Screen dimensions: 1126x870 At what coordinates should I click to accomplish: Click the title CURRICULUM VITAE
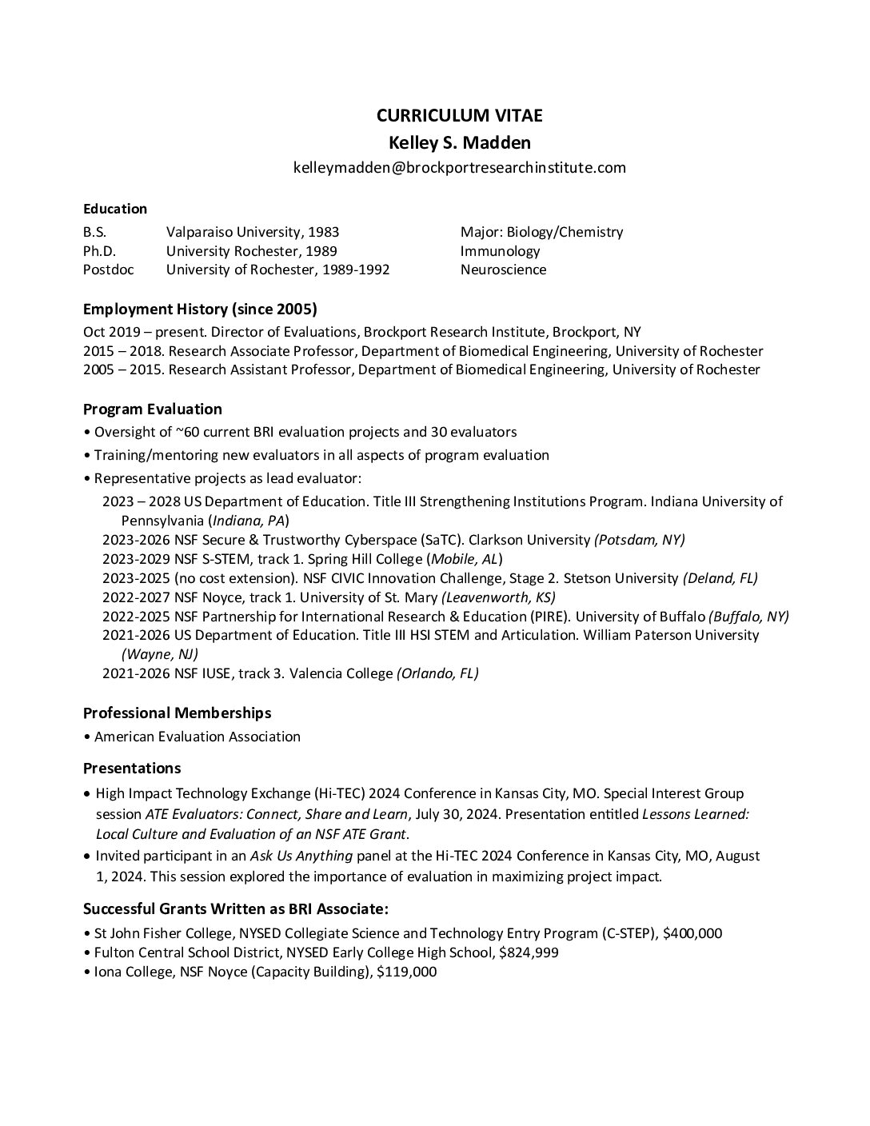[x=459, y=115]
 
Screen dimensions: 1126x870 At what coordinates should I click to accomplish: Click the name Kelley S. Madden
[x=459, y=142]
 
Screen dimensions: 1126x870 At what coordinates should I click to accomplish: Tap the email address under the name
[x=459, y=167]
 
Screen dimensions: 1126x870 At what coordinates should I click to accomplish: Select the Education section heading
[x=115, y=209]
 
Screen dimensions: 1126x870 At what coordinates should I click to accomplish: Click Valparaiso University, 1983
[x=253, y=232]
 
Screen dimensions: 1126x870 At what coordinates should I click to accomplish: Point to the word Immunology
[x=500, y=251]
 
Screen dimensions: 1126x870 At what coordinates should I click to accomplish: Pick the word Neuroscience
[x=503, y=270]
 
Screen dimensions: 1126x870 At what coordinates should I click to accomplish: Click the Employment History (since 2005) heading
[x=200, y=309]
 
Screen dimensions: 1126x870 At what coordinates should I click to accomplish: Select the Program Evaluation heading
[x=153, y=409]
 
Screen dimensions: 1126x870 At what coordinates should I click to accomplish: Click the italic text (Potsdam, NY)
[x=639, y=539]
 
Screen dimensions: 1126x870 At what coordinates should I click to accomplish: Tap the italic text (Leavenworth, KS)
[x=498, y=597]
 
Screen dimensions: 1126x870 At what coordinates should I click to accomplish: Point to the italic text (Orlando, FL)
[x=437, y=673]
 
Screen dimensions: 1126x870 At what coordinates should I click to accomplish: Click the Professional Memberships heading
[x=177, y=713]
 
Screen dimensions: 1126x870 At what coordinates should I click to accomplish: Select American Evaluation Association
[x=197, y=737]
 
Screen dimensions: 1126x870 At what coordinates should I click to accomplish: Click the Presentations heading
[x=132, y=768]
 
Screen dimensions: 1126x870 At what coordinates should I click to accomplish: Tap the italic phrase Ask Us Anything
[x=301, y=856]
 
